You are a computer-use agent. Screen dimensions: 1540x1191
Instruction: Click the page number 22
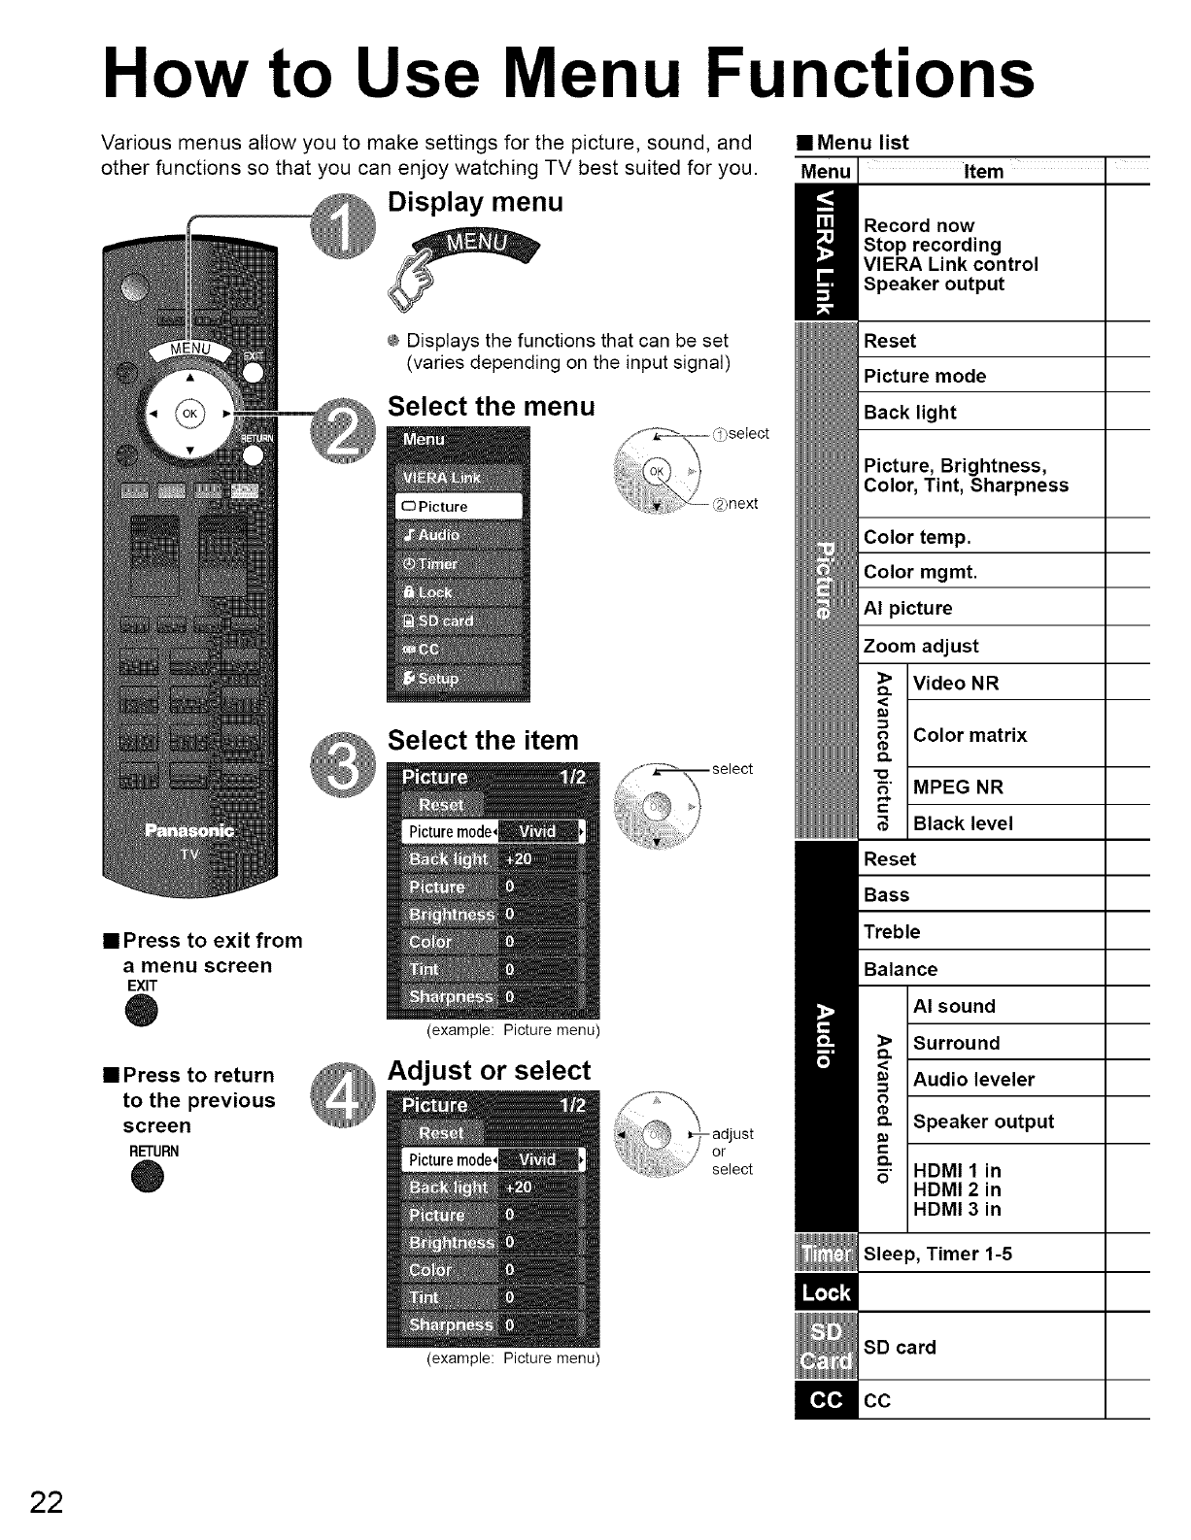[x=46, y=1501]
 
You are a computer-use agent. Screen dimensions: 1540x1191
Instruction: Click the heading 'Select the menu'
[x=491, y=406]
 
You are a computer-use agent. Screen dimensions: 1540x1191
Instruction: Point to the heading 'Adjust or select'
[x=489, y=1071]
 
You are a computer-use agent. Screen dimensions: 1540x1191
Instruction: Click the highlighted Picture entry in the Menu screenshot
[x=459, y=507]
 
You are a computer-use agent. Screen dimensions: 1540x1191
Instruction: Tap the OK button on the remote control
[x=187, y=412]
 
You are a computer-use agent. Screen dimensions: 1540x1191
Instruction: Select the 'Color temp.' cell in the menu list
[x=982, y=537]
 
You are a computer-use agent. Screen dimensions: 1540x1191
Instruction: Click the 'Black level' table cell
[x=1006, y=823]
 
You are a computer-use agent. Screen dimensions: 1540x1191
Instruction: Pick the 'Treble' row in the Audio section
[x=982, y=932]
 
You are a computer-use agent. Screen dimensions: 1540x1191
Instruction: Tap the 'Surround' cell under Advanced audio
[x=1006, y=1043]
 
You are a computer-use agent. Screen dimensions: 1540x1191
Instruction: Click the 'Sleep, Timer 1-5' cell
[x=982, y=1254]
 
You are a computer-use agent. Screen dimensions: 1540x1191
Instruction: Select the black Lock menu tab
[x=826, y=1292]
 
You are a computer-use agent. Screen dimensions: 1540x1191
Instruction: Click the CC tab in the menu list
[x=826, y=1400]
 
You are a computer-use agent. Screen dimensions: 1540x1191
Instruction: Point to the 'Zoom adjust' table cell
[x=982, y=646]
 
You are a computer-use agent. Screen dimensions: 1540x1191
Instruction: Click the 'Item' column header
[x=982, y=172]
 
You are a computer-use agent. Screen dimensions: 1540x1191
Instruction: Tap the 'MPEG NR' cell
[x=1006, y=787]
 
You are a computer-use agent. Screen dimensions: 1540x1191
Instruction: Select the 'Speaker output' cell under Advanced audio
[x=1006, y=1122]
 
